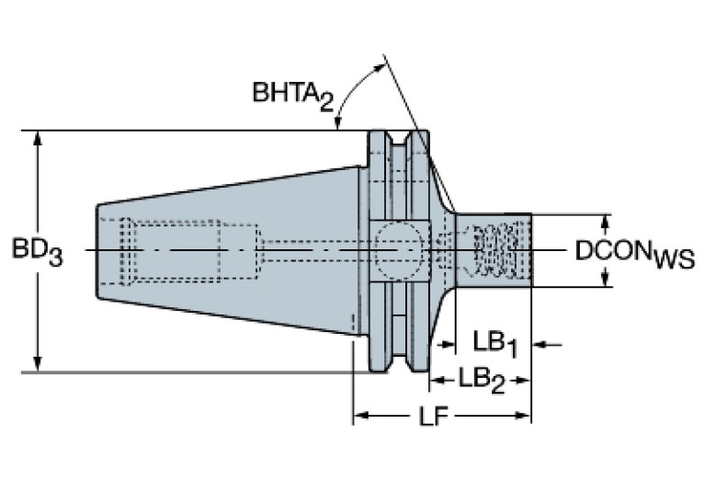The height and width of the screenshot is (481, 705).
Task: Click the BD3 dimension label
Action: click(37, 250)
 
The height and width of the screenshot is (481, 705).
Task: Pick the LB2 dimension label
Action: click(482, 379)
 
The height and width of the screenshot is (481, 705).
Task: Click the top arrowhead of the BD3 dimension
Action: click(38, 138)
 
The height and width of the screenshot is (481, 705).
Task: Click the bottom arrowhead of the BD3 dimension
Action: click(38, 364)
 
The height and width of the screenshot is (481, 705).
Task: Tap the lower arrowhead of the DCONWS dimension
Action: click(606, 279)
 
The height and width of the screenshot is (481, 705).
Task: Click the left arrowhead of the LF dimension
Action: click(360, 417)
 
